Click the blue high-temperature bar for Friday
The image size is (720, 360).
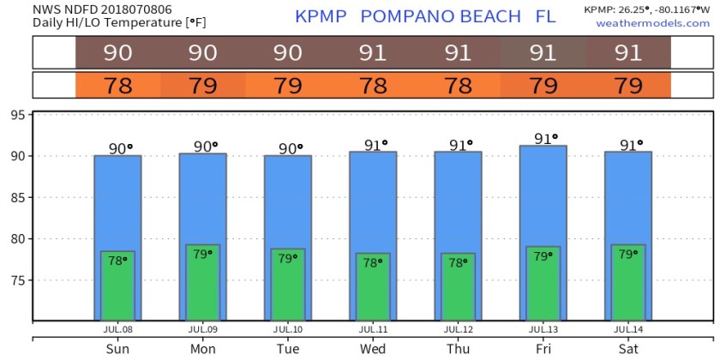coord(543,197)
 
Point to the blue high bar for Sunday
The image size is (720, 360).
coord(117,201)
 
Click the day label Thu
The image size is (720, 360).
coord(458,349)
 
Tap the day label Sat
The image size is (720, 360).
coord(628,349)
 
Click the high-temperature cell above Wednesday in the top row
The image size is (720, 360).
coord(372,53)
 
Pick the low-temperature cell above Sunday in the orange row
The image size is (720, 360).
coord(117,86)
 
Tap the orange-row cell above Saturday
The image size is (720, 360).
coord(628,86)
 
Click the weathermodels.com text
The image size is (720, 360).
coord(653,23)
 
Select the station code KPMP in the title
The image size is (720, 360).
coord(321,17)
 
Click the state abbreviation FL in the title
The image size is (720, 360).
coord(545,17)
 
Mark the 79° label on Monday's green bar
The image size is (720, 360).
coord(202,255)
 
